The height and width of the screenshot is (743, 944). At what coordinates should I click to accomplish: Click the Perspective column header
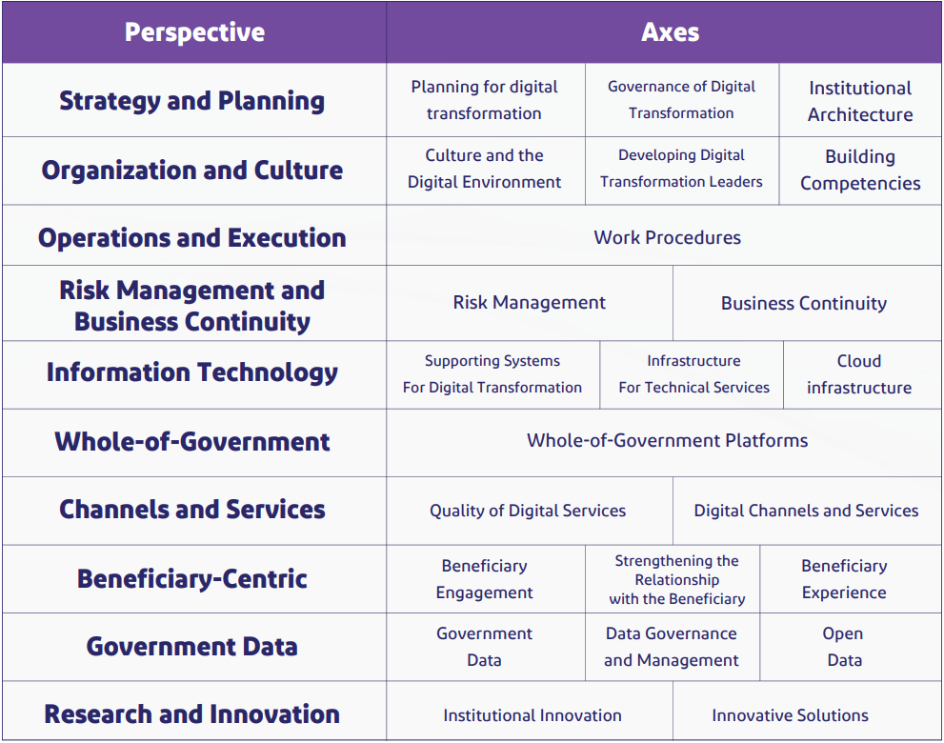pos(194,32)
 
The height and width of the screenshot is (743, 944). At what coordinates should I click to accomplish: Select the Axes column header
pos(670,32)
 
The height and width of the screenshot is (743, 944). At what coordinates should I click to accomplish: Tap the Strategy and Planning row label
pos(192,100)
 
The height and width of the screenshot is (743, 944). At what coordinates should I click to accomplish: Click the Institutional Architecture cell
pos(860,101)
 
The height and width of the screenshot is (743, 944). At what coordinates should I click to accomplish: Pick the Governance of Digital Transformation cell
pos(681,100)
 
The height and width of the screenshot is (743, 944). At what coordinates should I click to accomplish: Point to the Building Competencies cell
pos(860,170)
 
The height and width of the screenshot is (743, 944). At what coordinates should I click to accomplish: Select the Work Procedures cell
pos(667,237)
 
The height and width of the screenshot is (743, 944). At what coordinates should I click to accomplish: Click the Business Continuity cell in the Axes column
pos(803,303)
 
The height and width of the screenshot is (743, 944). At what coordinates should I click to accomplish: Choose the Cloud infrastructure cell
pos(859,374)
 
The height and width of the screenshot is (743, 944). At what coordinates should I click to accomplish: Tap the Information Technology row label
pos(192,372)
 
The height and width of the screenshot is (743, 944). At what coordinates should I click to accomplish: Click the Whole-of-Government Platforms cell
pos(667,441)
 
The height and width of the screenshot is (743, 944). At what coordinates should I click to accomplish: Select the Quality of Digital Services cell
pos(528,511)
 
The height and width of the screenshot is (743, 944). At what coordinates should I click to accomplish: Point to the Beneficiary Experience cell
pos(844,578)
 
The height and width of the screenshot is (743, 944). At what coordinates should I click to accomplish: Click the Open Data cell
pos(843,647)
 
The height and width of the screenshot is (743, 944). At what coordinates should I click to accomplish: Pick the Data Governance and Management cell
pos(672,647)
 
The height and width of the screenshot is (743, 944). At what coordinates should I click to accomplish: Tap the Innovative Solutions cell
pos(790,715)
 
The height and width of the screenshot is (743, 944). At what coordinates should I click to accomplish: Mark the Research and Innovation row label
pos(192,713)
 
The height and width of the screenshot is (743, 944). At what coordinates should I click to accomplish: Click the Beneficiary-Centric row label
pos(192,578)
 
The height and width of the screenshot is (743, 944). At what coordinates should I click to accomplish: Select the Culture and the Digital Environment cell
pos(484,169)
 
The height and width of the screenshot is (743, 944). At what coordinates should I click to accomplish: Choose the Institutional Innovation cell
pos(532,715)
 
